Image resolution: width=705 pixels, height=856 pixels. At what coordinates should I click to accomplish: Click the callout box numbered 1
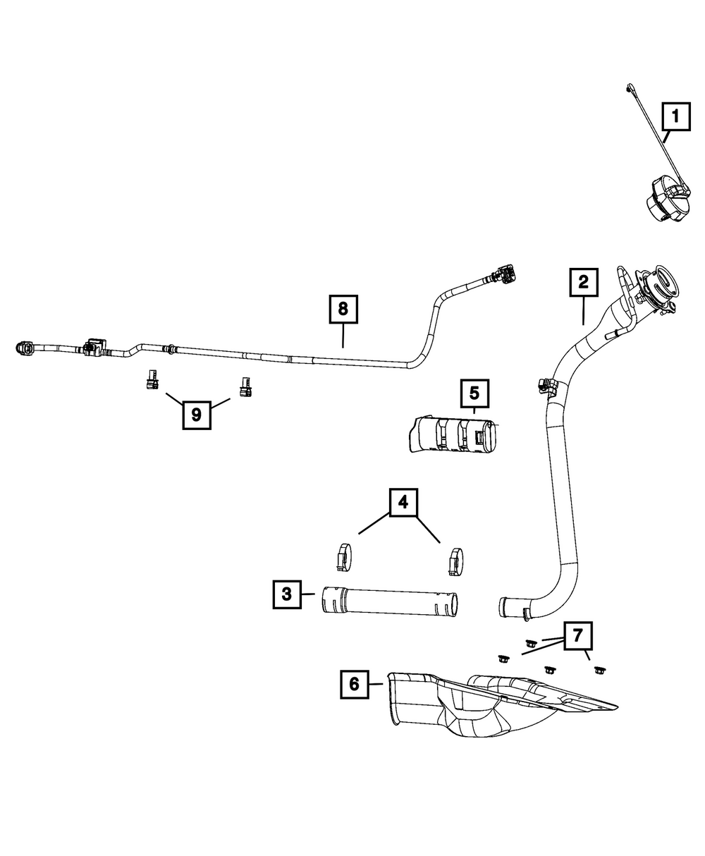pyautogui.click(x=675, y=116)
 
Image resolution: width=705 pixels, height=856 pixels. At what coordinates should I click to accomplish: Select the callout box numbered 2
pyautogui.click(x=583, y=282)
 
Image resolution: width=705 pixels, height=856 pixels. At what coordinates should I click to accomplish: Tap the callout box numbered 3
pyautogui.click(x=286, y=594)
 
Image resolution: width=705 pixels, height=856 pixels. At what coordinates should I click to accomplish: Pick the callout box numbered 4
pyautogui.click(x=403, y=503)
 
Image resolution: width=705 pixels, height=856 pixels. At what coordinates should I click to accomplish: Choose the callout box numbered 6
pyautogui.click(x=354, y=683)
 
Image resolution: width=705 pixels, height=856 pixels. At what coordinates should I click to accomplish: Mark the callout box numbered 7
pyautogui.click(x=577, y=636)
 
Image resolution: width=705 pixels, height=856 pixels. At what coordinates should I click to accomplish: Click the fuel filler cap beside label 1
pyautogui.click(x=666, y=199)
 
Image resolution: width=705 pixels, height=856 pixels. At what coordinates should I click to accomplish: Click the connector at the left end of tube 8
pyautogui.click(x=23, y=348)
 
